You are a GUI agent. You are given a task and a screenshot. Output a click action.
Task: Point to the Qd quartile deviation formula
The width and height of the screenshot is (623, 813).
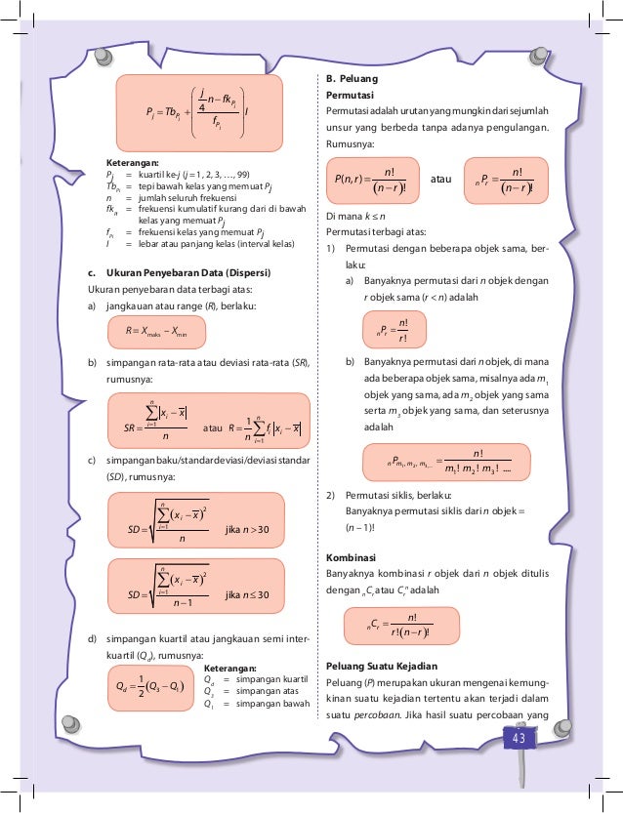point(147,687)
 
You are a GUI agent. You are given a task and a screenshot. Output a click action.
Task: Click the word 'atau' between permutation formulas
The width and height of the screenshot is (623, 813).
point(441,180)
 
